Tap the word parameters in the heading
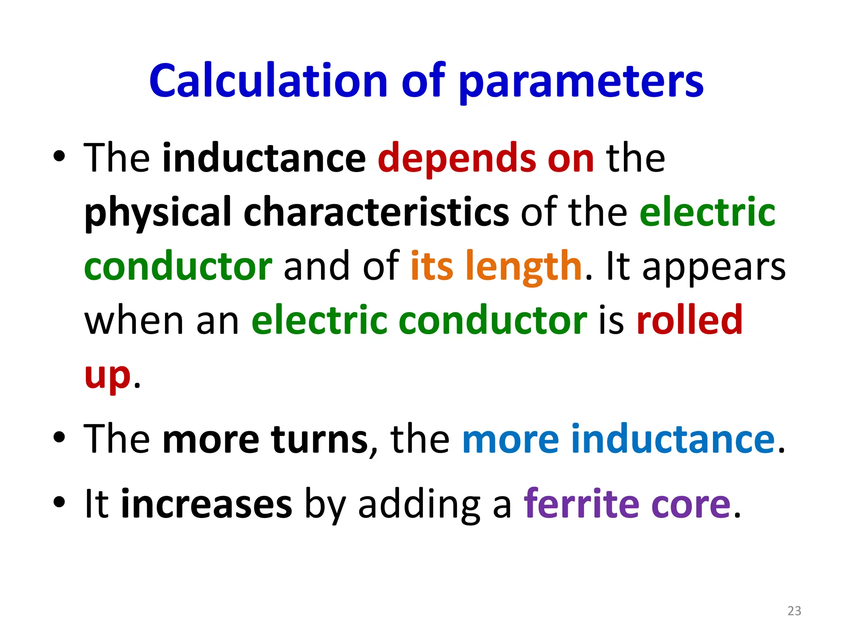point(581,82)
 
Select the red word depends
point(456,158)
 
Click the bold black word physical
point(158,213)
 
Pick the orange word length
point(524,267)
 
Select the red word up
point(107,375)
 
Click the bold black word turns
point(319,439)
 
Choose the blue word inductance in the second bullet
point(673,439)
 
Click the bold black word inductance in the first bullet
point(264,158)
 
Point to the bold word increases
point(206,504)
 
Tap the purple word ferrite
point(581,504)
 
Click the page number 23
point(794,611)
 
